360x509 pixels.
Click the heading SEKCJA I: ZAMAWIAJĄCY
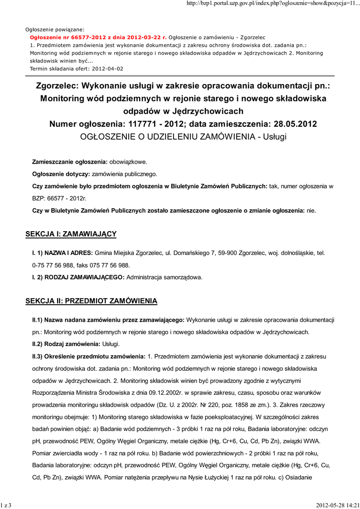[x=71, y=234]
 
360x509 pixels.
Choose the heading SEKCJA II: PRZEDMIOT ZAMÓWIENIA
[x=91, y=301]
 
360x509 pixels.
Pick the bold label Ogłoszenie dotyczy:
[x=61, y=174]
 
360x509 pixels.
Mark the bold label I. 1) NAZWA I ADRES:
[x=62, y=253]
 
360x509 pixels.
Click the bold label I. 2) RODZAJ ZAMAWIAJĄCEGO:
[x=78, y=277]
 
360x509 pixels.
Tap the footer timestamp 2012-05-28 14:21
[x=337, y=505]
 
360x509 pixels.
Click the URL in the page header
[x=272, y=4]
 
